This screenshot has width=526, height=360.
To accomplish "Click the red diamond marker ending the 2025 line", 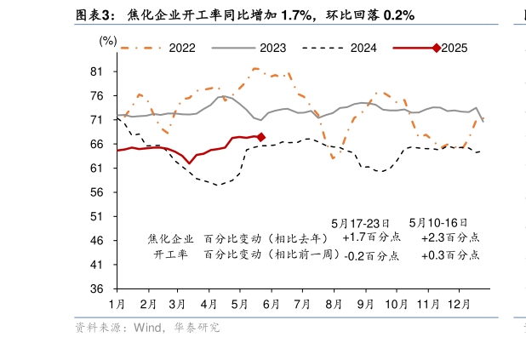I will (x=261, y=137).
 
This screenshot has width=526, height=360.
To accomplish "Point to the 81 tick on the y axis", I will (x=97, y=71).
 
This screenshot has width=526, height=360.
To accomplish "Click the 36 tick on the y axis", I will (x=97, y=289).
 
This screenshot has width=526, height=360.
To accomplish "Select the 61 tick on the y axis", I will (x=97, y=169).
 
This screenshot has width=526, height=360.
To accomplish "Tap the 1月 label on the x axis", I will (x=117, y=304).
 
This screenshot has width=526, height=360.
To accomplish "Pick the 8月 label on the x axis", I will (x=334, y=304).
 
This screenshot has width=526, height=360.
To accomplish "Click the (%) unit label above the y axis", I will (x=109, y=40).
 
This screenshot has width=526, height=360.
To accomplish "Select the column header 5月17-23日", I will (x=359, y=223).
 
